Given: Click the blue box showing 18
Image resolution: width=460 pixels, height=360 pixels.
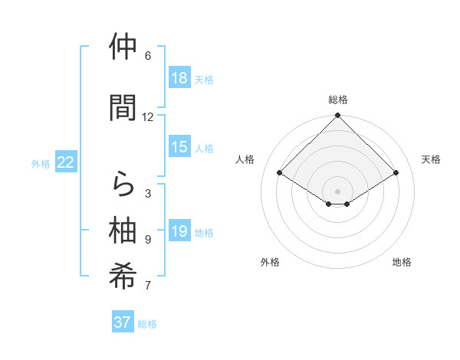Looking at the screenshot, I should coord(179,78).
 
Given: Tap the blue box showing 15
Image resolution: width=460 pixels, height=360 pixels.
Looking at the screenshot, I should coord(179,148).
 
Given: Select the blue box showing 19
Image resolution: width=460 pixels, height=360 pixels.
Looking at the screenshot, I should coord(179,232).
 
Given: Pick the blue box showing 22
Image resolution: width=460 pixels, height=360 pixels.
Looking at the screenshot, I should coord(66,162).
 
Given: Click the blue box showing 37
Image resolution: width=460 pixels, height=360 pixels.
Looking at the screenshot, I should coord(123,322).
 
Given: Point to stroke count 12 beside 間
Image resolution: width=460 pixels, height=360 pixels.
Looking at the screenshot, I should coord(148,117).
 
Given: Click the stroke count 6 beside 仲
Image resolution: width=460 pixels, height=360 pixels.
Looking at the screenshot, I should coord(148,56).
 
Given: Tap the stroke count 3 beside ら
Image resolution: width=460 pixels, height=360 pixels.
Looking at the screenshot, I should coord(148,194).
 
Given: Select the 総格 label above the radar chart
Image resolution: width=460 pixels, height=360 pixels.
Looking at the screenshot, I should coord(337,100).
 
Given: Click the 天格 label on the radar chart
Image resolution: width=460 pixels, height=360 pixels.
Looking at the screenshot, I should coord(431,159).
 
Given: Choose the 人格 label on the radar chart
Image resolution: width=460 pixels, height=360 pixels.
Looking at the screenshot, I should coord(245,159).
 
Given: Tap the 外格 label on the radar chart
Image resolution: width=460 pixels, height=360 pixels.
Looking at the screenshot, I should coord(270,262).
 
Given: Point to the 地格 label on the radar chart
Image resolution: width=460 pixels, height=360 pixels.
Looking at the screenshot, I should coord(402,262).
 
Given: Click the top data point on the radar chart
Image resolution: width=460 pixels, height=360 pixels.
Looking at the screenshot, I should coord(337,116).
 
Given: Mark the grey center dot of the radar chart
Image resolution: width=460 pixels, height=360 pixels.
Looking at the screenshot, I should coord(337,191).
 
